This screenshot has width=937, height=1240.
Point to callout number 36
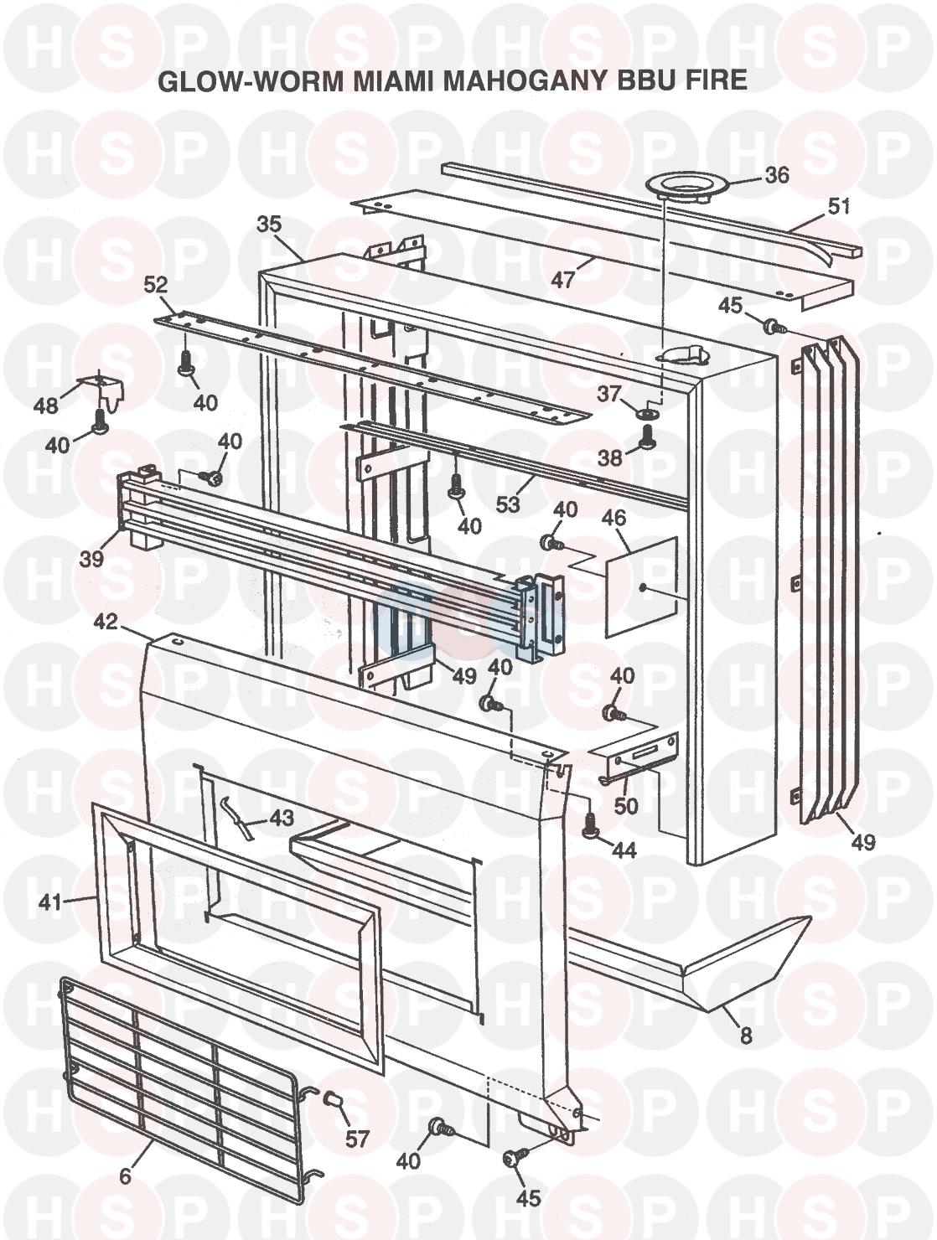(x=777, y=175)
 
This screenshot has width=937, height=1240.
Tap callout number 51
(x=837, y=206)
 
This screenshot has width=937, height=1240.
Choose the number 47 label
(x=563, y=278)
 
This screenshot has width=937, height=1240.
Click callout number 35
(x=269, y=225)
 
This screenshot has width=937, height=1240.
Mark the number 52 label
(x=156, y=285)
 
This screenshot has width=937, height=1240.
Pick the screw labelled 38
(x=646, y=434)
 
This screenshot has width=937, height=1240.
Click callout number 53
(x=508, y=504)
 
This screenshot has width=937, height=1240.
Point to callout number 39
(x=92, y=558)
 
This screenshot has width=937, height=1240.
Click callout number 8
(x=745, y=1036)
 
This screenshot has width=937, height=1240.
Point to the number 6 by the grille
(x=126, y=1176)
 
